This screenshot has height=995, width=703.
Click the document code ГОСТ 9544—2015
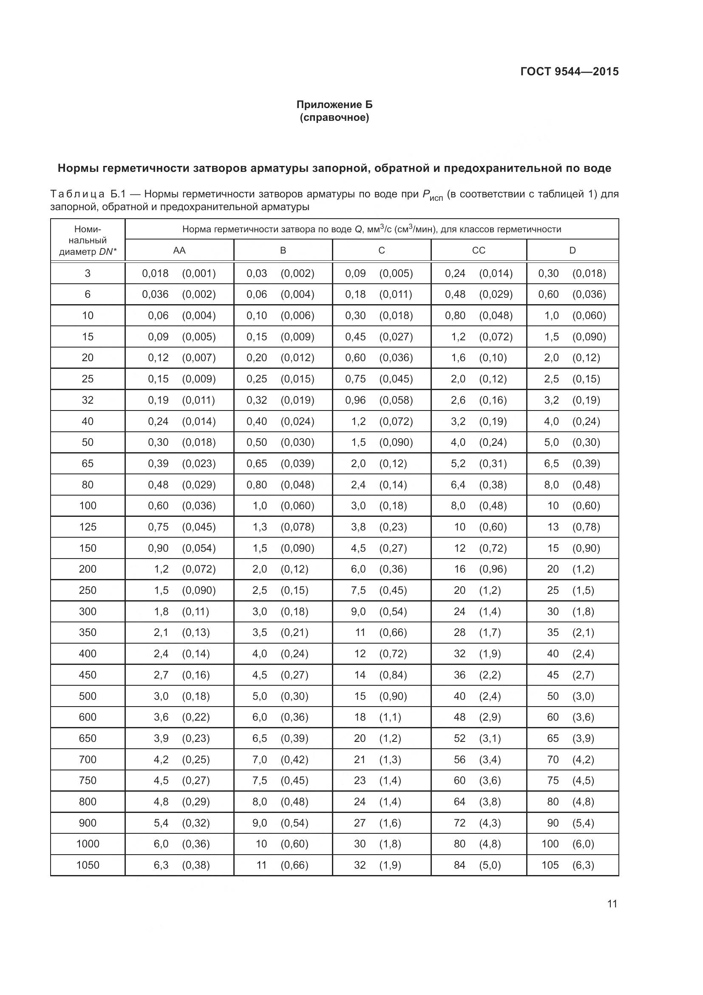(x=569, y=71)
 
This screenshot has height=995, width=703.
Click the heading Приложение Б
(x=334, y=105)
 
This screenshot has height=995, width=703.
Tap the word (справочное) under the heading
(x=334, y=118)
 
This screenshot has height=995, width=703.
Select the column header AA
(x=179, y=251)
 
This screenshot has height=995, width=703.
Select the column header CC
(x=478, y=251)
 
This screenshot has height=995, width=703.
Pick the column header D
(x=572, y=251)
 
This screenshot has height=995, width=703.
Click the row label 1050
(x=88, y=865)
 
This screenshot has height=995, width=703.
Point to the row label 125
(x=88, y=527)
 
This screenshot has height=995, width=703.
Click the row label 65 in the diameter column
(x=88, y=464)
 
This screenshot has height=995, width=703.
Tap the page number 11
(x=612, y=904)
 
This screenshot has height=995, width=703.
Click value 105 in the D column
(x=550, y=865)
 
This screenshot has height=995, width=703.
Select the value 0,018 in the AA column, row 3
(x=155, y=274)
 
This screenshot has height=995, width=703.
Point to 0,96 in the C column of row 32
(x=355, y=400)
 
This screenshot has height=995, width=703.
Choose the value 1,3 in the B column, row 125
(x=260, y=527)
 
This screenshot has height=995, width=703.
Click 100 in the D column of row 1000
(x=550, y=844)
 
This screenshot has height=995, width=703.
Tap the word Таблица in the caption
(x=77, y=194)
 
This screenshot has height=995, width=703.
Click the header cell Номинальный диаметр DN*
(x=88, y=240)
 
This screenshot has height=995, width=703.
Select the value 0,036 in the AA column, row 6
(x=155, y=295)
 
